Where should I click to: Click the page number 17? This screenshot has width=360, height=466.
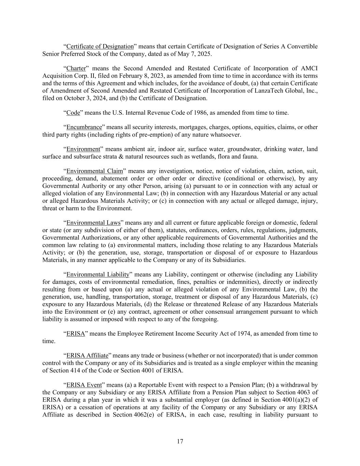(180, 441)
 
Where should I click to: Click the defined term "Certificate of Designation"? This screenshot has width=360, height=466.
(100, 46)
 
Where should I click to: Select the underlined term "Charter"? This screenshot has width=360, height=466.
(76, 68)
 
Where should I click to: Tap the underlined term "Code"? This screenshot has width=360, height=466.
(73, 113)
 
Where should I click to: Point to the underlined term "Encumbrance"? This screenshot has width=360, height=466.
(84, 127)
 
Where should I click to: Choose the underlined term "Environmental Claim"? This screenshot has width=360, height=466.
(95, 171)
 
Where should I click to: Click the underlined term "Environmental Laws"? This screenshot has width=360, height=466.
(93, 223)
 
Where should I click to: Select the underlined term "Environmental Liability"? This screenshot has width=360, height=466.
(98, 274)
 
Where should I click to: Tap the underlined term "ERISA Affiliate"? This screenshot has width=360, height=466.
(87, 355)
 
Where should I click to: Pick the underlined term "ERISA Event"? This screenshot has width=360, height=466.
(84, 385)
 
